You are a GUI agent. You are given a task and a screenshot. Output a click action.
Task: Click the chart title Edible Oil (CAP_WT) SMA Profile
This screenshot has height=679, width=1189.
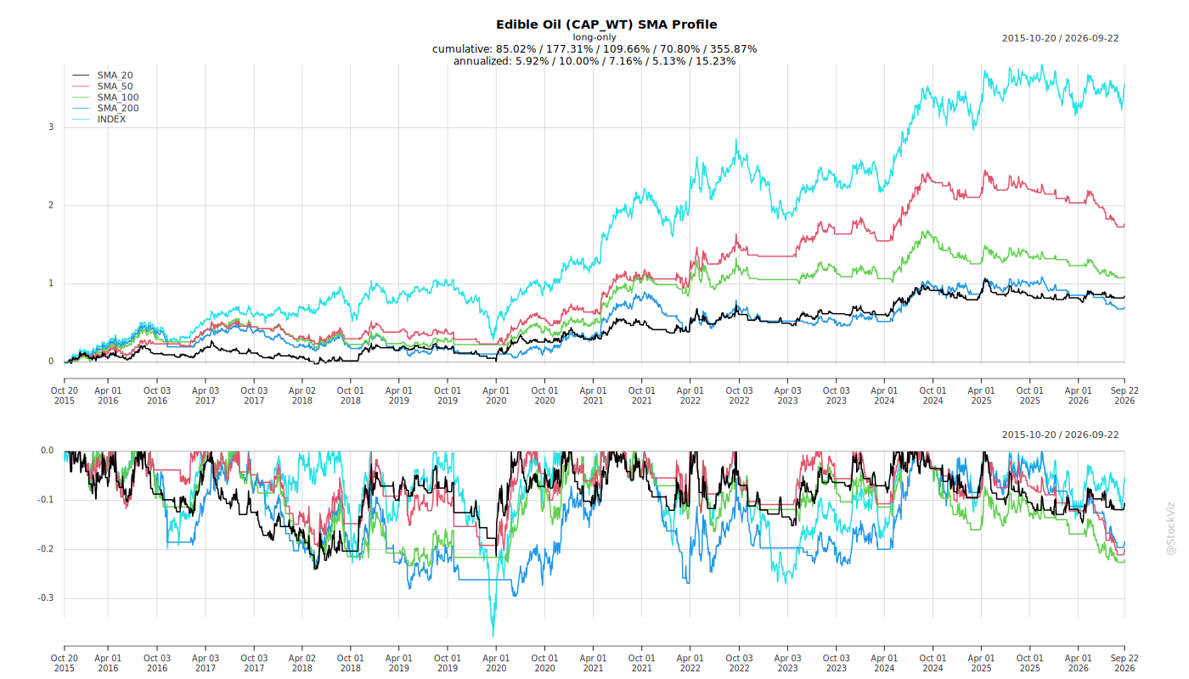(x=606, y=25)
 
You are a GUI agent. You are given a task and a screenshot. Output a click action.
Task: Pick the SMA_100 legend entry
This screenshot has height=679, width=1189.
(x=105, y=98)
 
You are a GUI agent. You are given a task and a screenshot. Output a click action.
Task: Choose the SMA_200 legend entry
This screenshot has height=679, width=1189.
(x=105, y=109)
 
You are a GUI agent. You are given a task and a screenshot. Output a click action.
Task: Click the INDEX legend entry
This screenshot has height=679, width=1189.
(x=99, y=120)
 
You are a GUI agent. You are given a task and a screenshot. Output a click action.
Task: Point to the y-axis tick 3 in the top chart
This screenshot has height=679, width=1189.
(x=51, y=127)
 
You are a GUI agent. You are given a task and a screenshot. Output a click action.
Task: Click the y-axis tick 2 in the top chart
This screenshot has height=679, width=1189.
(x=51, y=205)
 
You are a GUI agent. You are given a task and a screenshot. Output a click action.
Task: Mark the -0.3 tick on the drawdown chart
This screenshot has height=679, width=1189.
(x=46, y=598)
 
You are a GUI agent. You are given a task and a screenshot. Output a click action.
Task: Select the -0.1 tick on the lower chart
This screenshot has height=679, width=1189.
(x=46, y=500)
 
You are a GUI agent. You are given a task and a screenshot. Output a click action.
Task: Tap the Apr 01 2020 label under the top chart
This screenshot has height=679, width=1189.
(x=496, y=396)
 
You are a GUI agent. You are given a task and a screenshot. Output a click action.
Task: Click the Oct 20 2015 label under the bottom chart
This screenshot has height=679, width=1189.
(x=65, y=663)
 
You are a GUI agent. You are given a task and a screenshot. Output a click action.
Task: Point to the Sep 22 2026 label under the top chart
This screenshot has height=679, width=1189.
(x=1124, y=396)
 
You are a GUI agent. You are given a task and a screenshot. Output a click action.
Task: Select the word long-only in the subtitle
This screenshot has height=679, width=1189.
(x=594, y=37)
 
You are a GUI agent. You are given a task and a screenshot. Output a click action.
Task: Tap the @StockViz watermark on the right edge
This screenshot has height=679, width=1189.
(x=1171, y=528)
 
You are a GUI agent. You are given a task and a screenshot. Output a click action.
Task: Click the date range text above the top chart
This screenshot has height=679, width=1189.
(x=1060, y=38)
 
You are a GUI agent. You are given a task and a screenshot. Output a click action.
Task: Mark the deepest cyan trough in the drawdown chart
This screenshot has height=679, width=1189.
(x=493, y=636)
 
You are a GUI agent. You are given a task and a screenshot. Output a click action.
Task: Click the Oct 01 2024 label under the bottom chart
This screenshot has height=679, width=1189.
(x=933, y=663)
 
